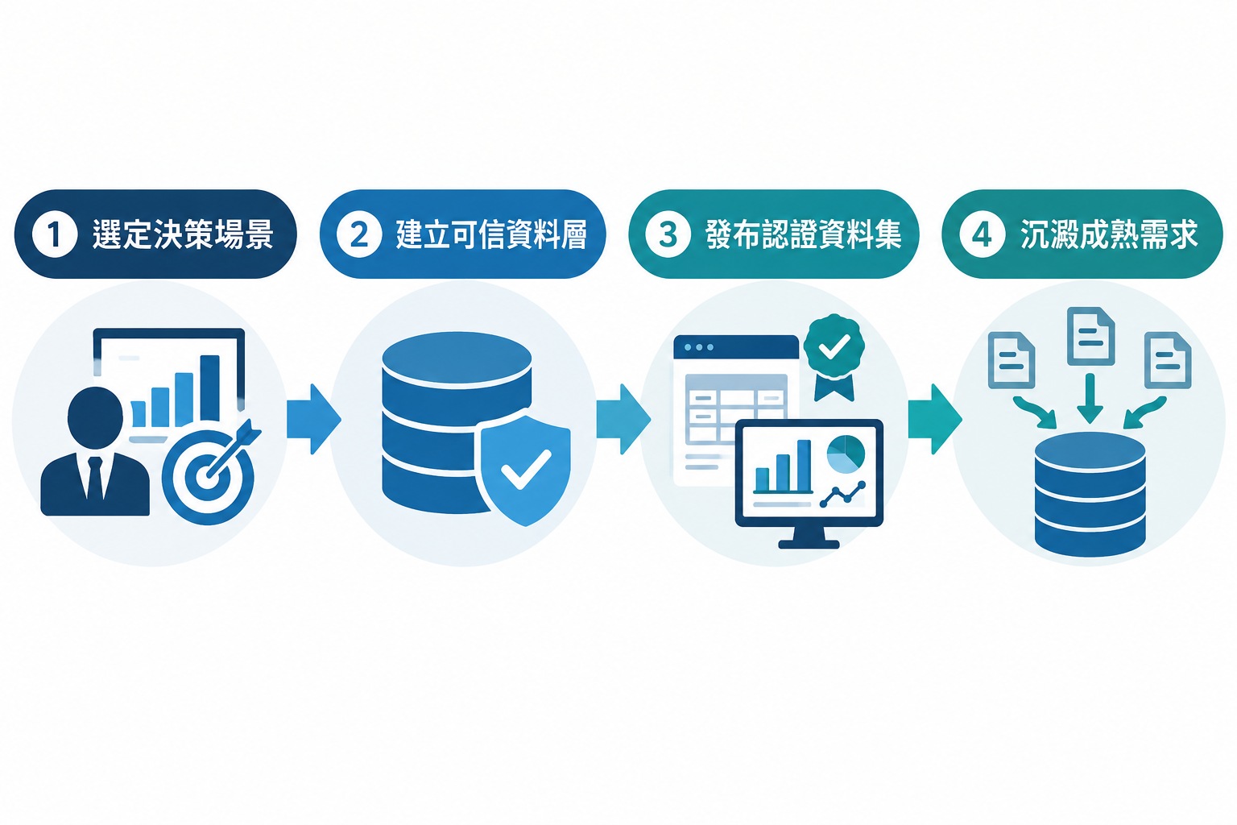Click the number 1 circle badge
[x=54, y=234]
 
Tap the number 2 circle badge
[x=359, y=234]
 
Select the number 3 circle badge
[x=668, y=234]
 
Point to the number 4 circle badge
[x=982, y=234]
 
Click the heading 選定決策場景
[x=183, y=234]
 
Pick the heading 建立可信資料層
[x=491, y=234]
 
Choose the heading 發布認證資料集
[x=804, y=234]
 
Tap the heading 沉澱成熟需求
[x=1109, y=234]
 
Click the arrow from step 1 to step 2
[x=313, y=419]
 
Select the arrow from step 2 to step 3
[x=623, y=419]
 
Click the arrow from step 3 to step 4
[x=935, y=419]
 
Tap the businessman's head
[x=96, y=417]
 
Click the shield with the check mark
[x=523, y=470]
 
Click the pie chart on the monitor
[x=846, y=454]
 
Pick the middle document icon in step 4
[x=1090, y=336]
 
